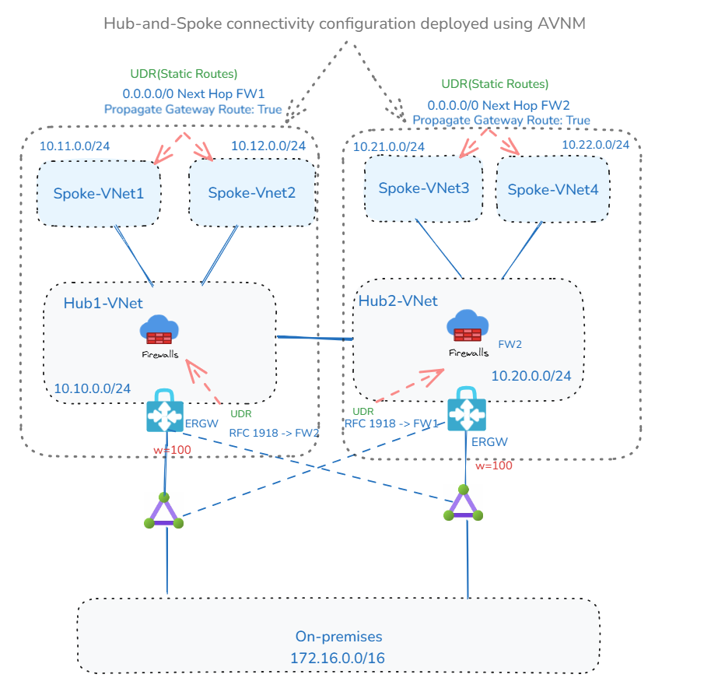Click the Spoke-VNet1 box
point(99,193)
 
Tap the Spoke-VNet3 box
point(423,188)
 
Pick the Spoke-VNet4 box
point(553,188)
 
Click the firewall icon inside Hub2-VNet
point(468,326)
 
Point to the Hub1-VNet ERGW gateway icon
point(165,412)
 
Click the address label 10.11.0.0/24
point(75,146)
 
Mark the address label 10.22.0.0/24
point(596,145)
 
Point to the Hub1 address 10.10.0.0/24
point(92,388)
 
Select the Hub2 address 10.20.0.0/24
point(531,375)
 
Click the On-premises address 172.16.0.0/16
point(338,658)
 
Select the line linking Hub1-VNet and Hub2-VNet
point(315,338)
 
